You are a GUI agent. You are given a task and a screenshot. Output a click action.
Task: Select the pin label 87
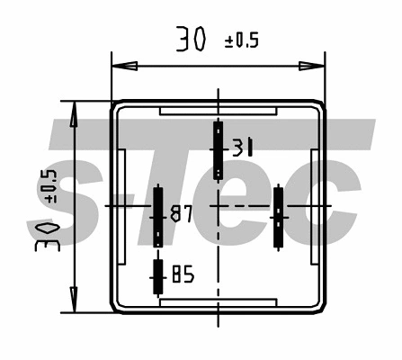coord(182,214)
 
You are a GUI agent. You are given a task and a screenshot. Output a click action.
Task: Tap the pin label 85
coord(183,274)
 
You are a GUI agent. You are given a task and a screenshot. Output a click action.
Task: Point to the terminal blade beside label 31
coord(217,149)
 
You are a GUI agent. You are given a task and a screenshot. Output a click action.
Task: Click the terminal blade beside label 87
coord(158,216)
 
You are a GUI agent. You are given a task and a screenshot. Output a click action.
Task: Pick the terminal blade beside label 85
coord(157,276)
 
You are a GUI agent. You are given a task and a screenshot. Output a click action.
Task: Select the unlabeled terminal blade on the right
coord(279,216)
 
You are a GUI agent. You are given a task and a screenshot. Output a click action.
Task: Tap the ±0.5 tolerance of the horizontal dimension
coord(240,41)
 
